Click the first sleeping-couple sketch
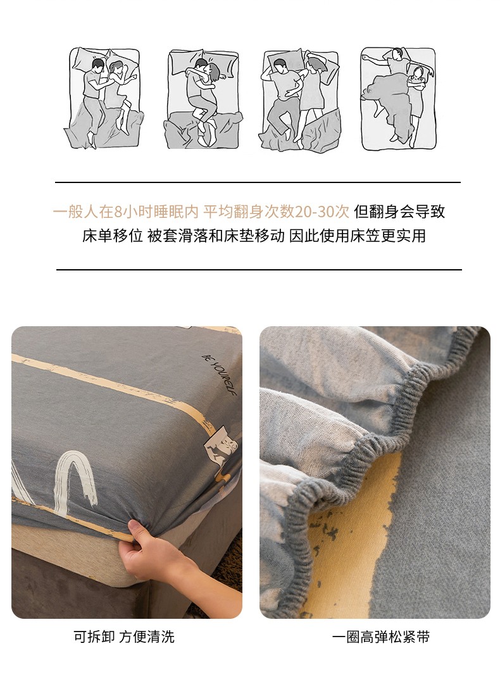pyautogui.click(x=104, y=98)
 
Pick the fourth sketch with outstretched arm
pyautogui.click(x=398, y=99)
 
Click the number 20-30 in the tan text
pyautogui.click(x=322, y=212)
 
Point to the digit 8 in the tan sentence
pyautogui.click(x=118, y=212)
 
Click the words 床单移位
pyautogui.click(x=113, y=236)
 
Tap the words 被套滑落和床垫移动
pyautogui.click(x=216, y=236)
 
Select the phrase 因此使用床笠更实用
pyautogui.click(x=357, y=236)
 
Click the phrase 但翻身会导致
pyautogui.click(x=399, y=212)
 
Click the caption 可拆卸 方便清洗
pyautogui.click(x=124, y=637)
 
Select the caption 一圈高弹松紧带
pyautogui.click(x=381, y=637)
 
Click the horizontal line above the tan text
pyautogui.click(x=258, y=182)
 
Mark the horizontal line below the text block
pyautogui.click(x=259, y=269)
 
